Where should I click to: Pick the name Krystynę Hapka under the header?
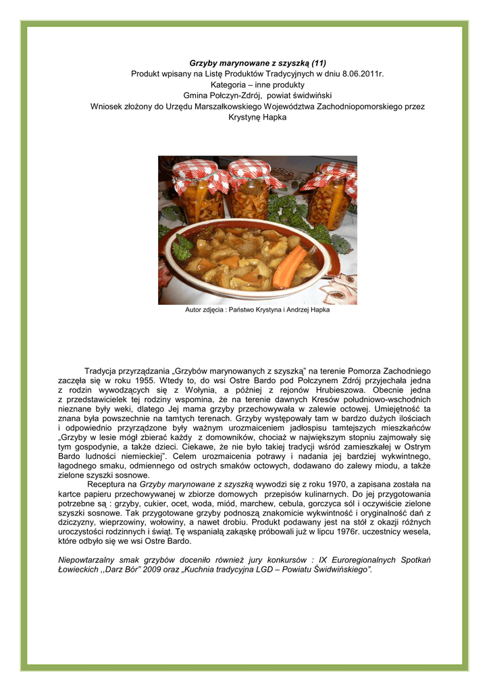click(257, 117)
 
